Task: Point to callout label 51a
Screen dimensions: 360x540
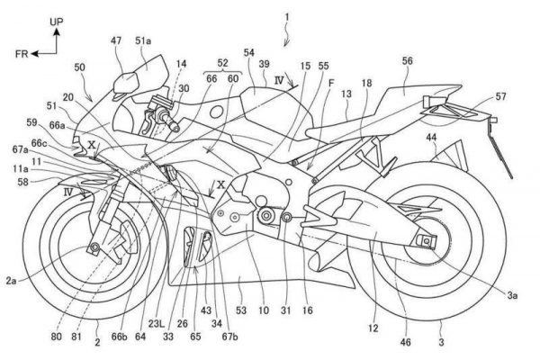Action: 144,41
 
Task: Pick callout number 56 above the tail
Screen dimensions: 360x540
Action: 408,60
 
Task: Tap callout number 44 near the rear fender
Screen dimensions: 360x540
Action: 432,136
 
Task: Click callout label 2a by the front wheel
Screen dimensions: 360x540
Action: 11,282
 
